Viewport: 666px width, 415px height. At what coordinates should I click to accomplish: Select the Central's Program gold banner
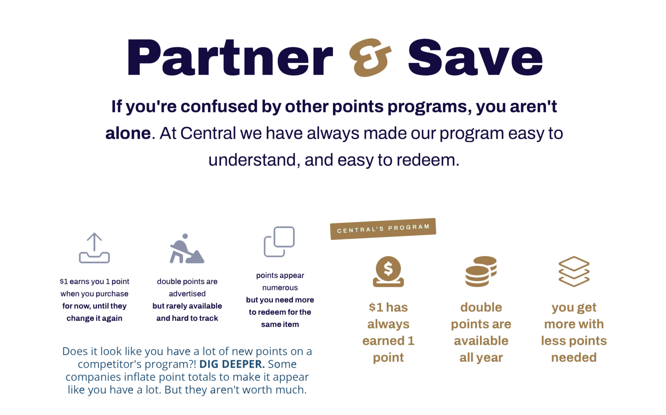tap(383, 228)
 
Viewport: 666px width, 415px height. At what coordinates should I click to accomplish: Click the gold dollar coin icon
tap(388, 271)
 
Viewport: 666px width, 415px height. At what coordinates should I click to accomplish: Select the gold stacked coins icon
tap(481, 271)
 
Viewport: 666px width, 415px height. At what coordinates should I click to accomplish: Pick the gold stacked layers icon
tap(574, 271)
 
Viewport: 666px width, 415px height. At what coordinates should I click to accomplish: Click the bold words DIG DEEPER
tap(231, 364)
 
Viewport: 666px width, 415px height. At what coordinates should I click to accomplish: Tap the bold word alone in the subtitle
tap(128, 134)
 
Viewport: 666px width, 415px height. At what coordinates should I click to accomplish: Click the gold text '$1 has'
tap(388, 307)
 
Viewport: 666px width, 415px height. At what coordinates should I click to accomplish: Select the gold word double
tap(481, 307)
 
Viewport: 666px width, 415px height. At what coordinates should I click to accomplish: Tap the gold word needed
tap(574, 357)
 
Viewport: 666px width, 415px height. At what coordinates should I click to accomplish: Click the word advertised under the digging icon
tap(187, 294)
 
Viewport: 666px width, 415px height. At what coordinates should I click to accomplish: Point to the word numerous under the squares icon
tap(280, 288)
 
